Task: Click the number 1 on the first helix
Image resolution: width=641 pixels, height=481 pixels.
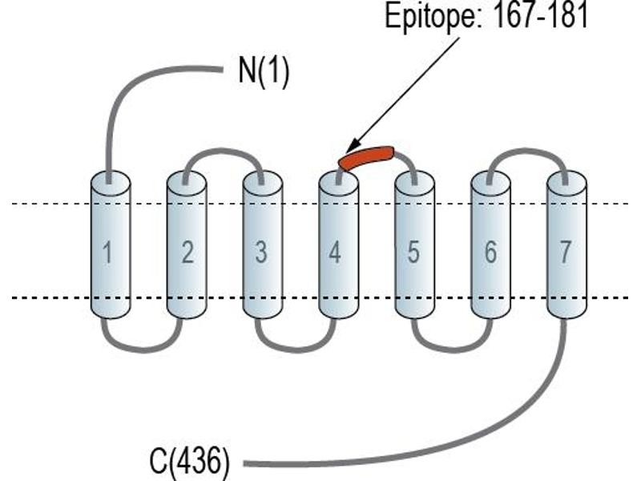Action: [107, 252]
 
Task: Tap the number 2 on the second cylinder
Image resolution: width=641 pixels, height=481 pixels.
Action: [187, 252]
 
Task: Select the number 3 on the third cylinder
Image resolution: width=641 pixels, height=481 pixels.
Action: [261, 252]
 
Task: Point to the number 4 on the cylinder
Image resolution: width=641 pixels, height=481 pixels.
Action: [335, 252]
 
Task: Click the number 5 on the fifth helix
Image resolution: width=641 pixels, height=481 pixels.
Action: [413, 252]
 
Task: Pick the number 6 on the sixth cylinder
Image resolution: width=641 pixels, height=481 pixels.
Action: [490, 252]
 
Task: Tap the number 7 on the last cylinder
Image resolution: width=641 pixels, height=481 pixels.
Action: [565, 252]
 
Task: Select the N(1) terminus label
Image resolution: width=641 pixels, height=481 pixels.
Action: [264, 71]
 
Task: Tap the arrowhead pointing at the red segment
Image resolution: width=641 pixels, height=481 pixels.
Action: [353, 146]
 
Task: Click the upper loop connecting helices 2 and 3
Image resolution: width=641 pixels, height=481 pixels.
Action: [224, 151]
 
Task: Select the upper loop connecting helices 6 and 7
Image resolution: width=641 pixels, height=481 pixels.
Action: [527, 151]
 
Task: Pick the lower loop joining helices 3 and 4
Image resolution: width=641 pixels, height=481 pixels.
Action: [296, 350]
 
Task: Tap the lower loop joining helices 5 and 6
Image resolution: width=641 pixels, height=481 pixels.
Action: [452, 350]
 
